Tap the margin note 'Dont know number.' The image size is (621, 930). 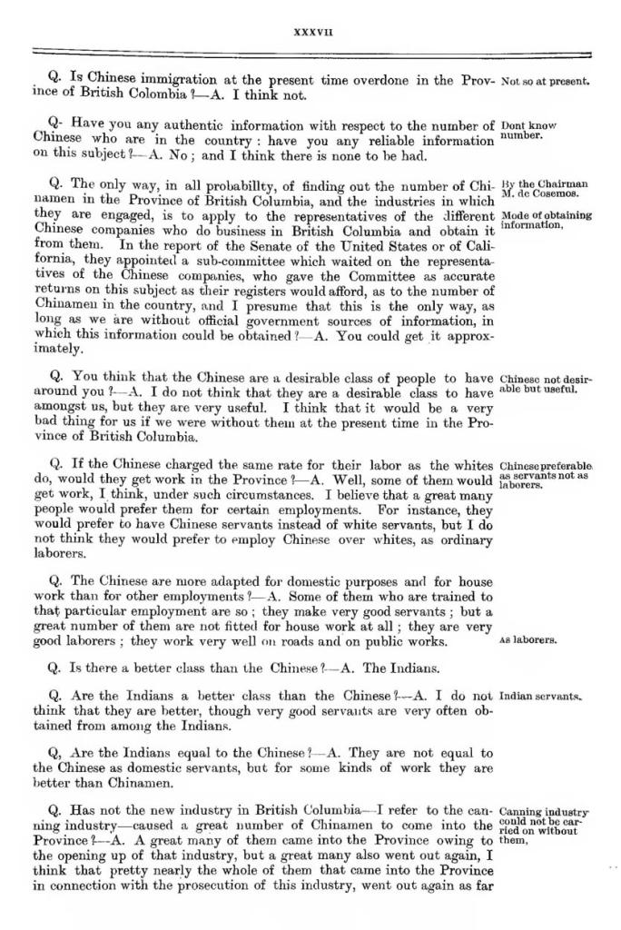[x=528, y=131]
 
